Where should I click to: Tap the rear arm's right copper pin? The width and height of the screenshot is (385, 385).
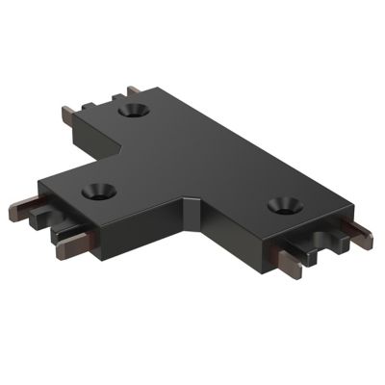130,90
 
